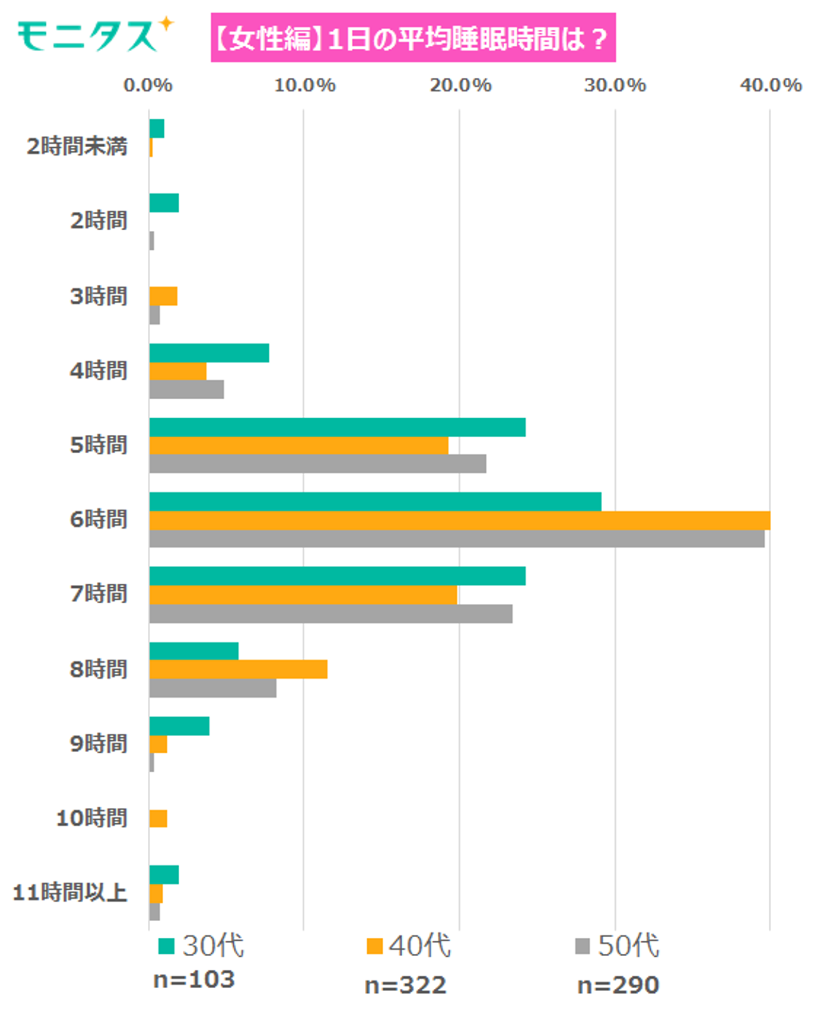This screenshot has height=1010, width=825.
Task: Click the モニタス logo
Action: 95,36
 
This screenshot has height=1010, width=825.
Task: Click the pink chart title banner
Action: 412,38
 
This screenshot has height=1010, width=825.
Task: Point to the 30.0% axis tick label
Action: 615,85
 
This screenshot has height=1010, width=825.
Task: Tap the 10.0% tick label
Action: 304,85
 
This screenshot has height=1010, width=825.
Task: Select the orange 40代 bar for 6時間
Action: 459,521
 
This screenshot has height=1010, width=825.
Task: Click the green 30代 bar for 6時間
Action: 375,502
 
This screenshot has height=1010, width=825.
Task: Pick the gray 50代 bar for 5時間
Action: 318,463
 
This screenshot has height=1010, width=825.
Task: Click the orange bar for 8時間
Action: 238,669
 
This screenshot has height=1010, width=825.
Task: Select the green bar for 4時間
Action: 209,353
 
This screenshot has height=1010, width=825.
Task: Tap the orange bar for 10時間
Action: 158,819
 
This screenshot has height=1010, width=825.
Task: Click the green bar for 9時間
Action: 179,726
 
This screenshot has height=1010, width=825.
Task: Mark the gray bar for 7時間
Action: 331,614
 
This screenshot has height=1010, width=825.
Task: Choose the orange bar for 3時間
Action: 163,296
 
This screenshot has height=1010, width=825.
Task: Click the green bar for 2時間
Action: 164,203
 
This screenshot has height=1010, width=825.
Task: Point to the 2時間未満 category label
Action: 77,146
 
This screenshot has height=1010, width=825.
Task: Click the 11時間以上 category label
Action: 70,892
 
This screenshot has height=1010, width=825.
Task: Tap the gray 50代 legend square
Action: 582,946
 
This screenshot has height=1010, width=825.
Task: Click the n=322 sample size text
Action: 405,985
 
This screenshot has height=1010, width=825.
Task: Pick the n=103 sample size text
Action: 194,980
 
